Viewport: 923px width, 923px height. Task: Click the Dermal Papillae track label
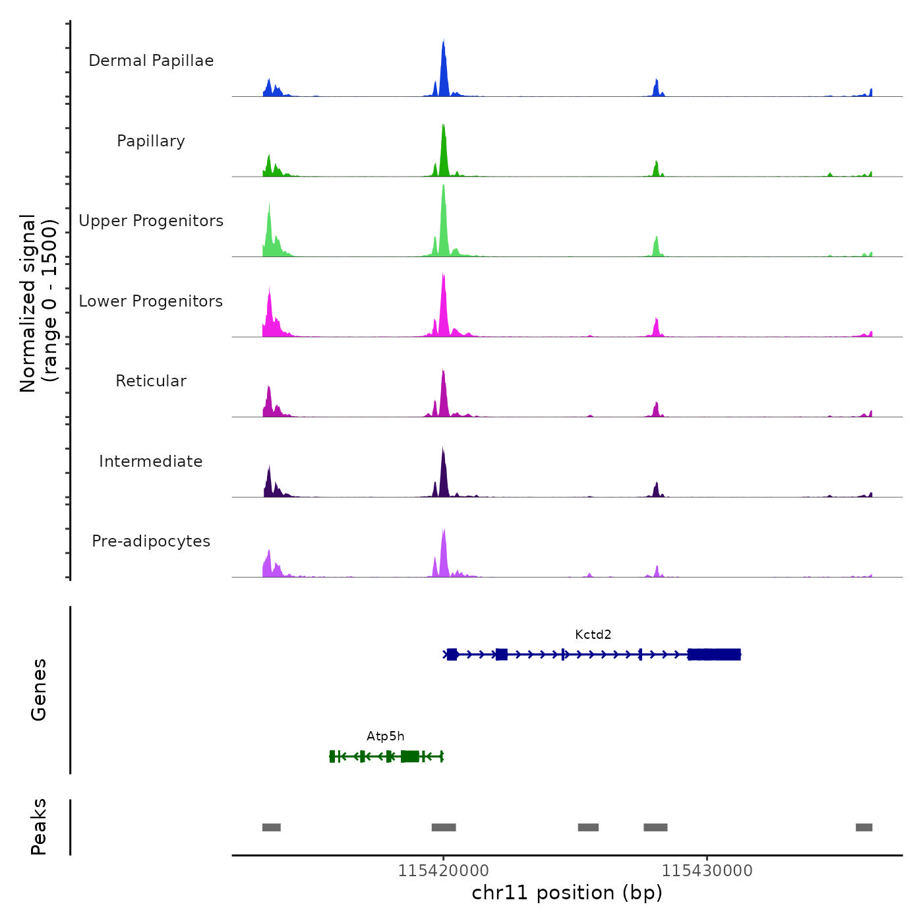151,61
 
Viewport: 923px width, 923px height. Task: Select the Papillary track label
151,141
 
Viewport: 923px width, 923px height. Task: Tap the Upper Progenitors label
151,221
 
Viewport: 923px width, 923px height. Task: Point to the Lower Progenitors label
151,301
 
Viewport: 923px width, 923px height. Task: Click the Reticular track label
151,381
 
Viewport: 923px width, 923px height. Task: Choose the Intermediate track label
151,461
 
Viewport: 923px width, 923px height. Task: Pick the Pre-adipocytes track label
151,541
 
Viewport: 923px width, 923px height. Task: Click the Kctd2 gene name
593,635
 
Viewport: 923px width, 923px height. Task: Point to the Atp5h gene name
386,736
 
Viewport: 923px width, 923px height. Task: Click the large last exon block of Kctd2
715,655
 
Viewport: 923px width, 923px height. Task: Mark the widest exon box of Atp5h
409,756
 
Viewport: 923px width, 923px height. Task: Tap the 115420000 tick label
443,871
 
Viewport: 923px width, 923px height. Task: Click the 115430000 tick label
707,871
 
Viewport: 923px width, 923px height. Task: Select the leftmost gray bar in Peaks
272,827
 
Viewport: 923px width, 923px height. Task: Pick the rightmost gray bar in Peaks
864,827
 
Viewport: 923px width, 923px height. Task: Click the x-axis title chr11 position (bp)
567,893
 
